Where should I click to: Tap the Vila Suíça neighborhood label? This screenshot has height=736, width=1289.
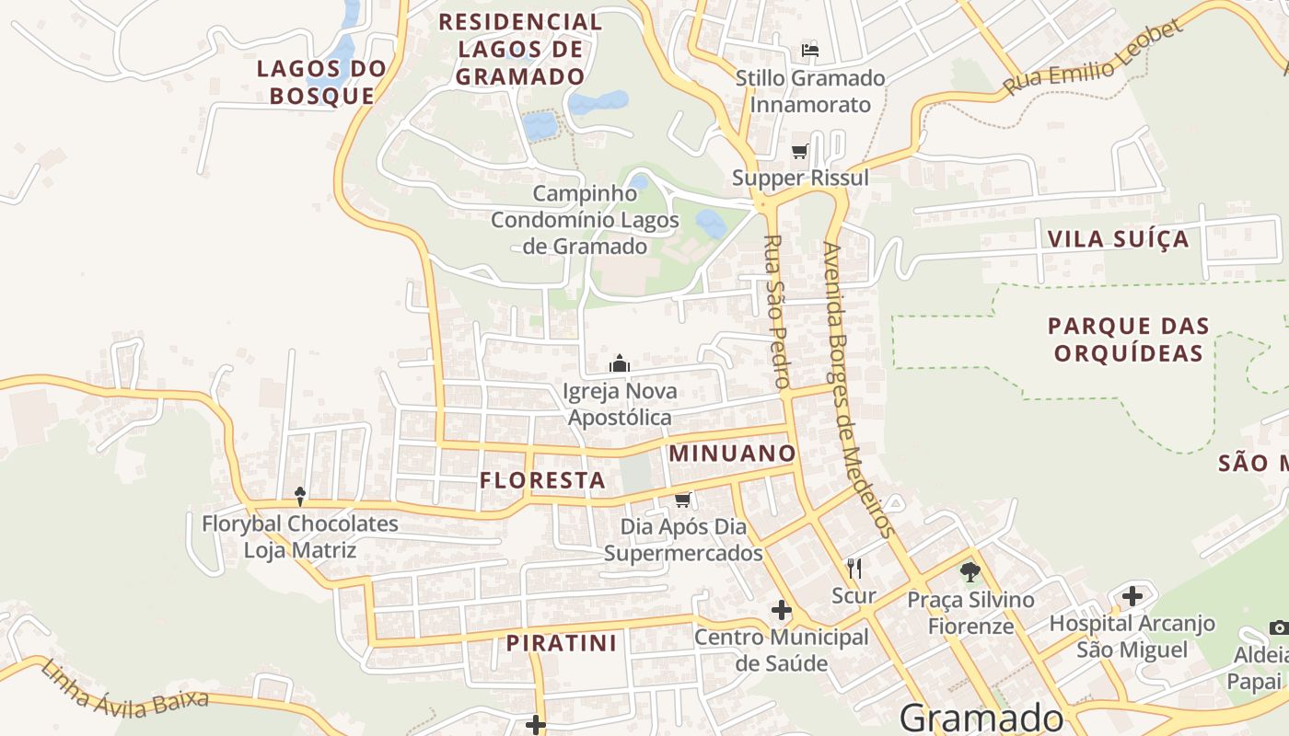coord(1118,239)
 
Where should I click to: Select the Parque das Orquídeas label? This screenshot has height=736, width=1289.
coord(1129,339)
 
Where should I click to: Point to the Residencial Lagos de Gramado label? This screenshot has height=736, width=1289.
coord(520,49)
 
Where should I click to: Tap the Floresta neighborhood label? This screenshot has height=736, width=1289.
coord(542,480)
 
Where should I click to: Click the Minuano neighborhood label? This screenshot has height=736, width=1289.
coord(732,453)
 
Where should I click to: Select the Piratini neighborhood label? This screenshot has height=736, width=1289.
coord(561,643)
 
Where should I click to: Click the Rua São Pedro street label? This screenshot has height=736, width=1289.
coord(776,310)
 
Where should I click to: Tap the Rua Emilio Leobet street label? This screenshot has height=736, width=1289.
coord(1092,57)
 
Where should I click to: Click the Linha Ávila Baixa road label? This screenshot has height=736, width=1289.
coord(124,687)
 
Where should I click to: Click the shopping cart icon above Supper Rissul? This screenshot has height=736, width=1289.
coord(799,151)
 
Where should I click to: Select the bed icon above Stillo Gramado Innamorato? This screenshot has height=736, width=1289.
coord(810,50)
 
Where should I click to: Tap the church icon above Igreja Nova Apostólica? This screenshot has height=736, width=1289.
coord(620,364)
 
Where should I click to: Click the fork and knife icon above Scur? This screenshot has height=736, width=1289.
coord(854,569)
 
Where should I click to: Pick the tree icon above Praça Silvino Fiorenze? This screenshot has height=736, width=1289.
coord(970,572)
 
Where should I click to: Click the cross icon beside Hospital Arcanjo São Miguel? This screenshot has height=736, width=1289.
coord(1132,596)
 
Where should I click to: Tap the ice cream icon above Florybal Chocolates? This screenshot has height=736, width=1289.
coord(300,497)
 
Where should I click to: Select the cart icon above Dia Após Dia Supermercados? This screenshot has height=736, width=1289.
coord(682,500)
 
